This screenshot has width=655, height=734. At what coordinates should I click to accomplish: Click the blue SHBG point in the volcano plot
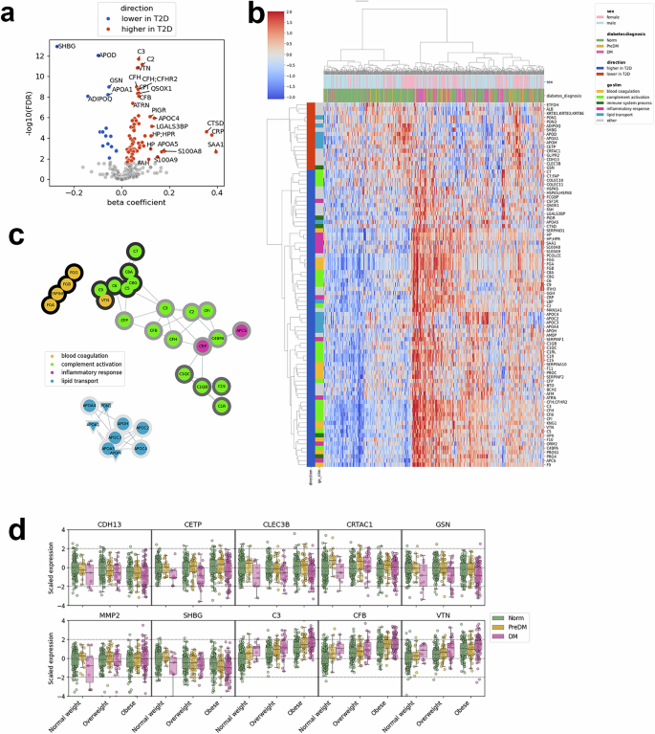pyautogui.click(x=57, y=45)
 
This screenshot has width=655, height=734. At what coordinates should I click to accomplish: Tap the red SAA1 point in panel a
pyautogui.click(x=216, y=151)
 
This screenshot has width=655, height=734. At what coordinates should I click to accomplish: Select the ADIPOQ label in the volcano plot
pyautogui.click(x=100, y=99)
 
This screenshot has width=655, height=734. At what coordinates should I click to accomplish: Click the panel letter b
pyautogui.click(x=256, y=13)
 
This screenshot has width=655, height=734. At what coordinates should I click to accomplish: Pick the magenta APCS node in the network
pyautogui.click(x=241, y=330)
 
